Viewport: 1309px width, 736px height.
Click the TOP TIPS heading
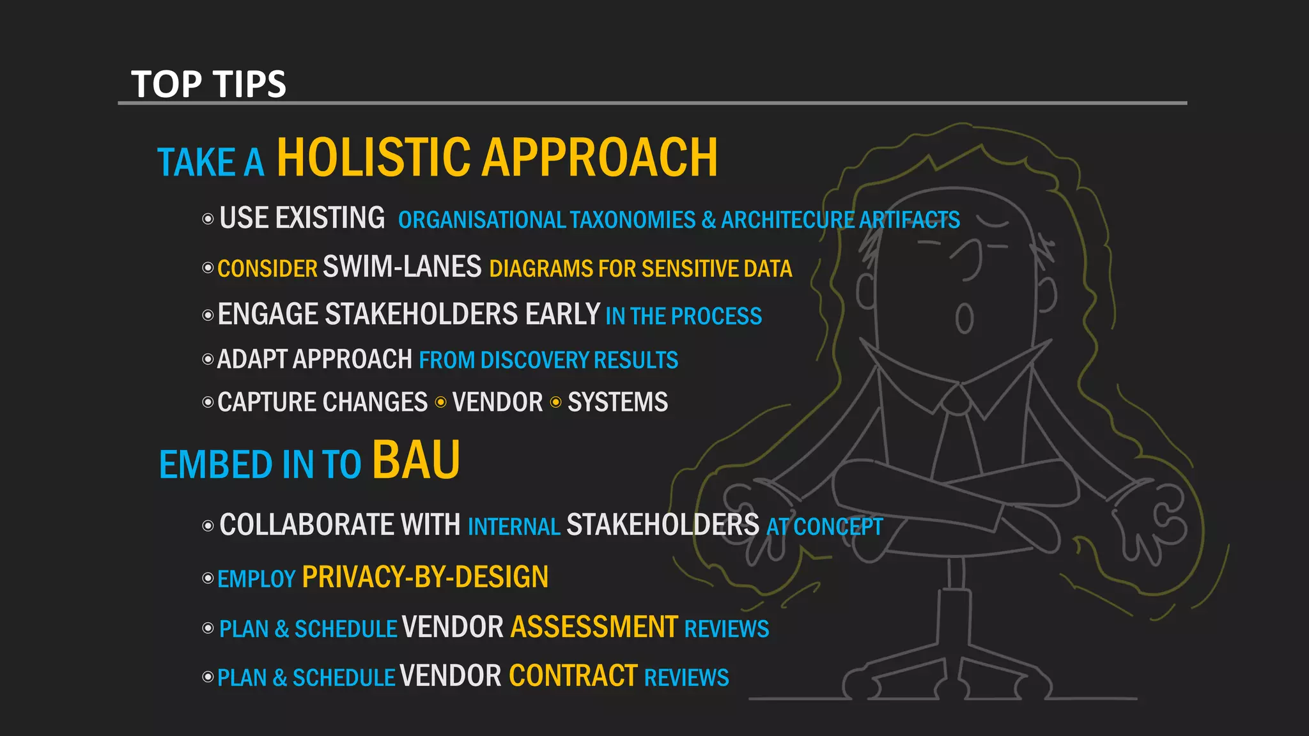tap(208, 84)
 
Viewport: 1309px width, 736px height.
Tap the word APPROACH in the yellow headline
tap(600, 158)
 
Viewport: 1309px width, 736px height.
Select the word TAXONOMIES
tap(632, 220)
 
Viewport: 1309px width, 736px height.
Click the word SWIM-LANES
tap(402, 267)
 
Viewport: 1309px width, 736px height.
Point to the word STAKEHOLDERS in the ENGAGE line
tap(421, 315)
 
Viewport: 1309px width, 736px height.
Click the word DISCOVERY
tap(534, 360)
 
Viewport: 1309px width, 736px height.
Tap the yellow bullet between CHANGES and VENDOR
tap(440, 402)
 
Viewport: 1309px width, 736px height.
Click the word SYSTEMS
tap(617, 402)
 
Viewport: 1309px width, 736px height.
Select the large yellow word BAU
tap(416, 460)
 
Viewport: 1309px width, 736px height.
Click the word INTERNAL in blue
tap(514, 527)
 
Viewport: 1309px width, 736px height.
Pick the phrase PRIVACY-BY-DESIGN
tap(425, 577)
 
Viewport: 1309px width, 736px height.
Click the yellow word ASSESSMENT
tap(594, 627)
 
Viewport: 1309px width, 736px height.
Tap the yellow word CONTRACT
tap(573, 677)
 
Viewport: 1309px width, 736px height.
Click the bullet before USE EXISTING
tap(208, 219)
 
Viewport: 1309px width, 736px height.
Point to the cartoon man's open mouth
tap(964, 318)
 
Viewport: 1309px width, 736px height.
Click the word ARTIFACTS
tap(909, 220)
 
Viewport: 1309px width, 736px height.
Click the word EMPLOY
tap(256, 579)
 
